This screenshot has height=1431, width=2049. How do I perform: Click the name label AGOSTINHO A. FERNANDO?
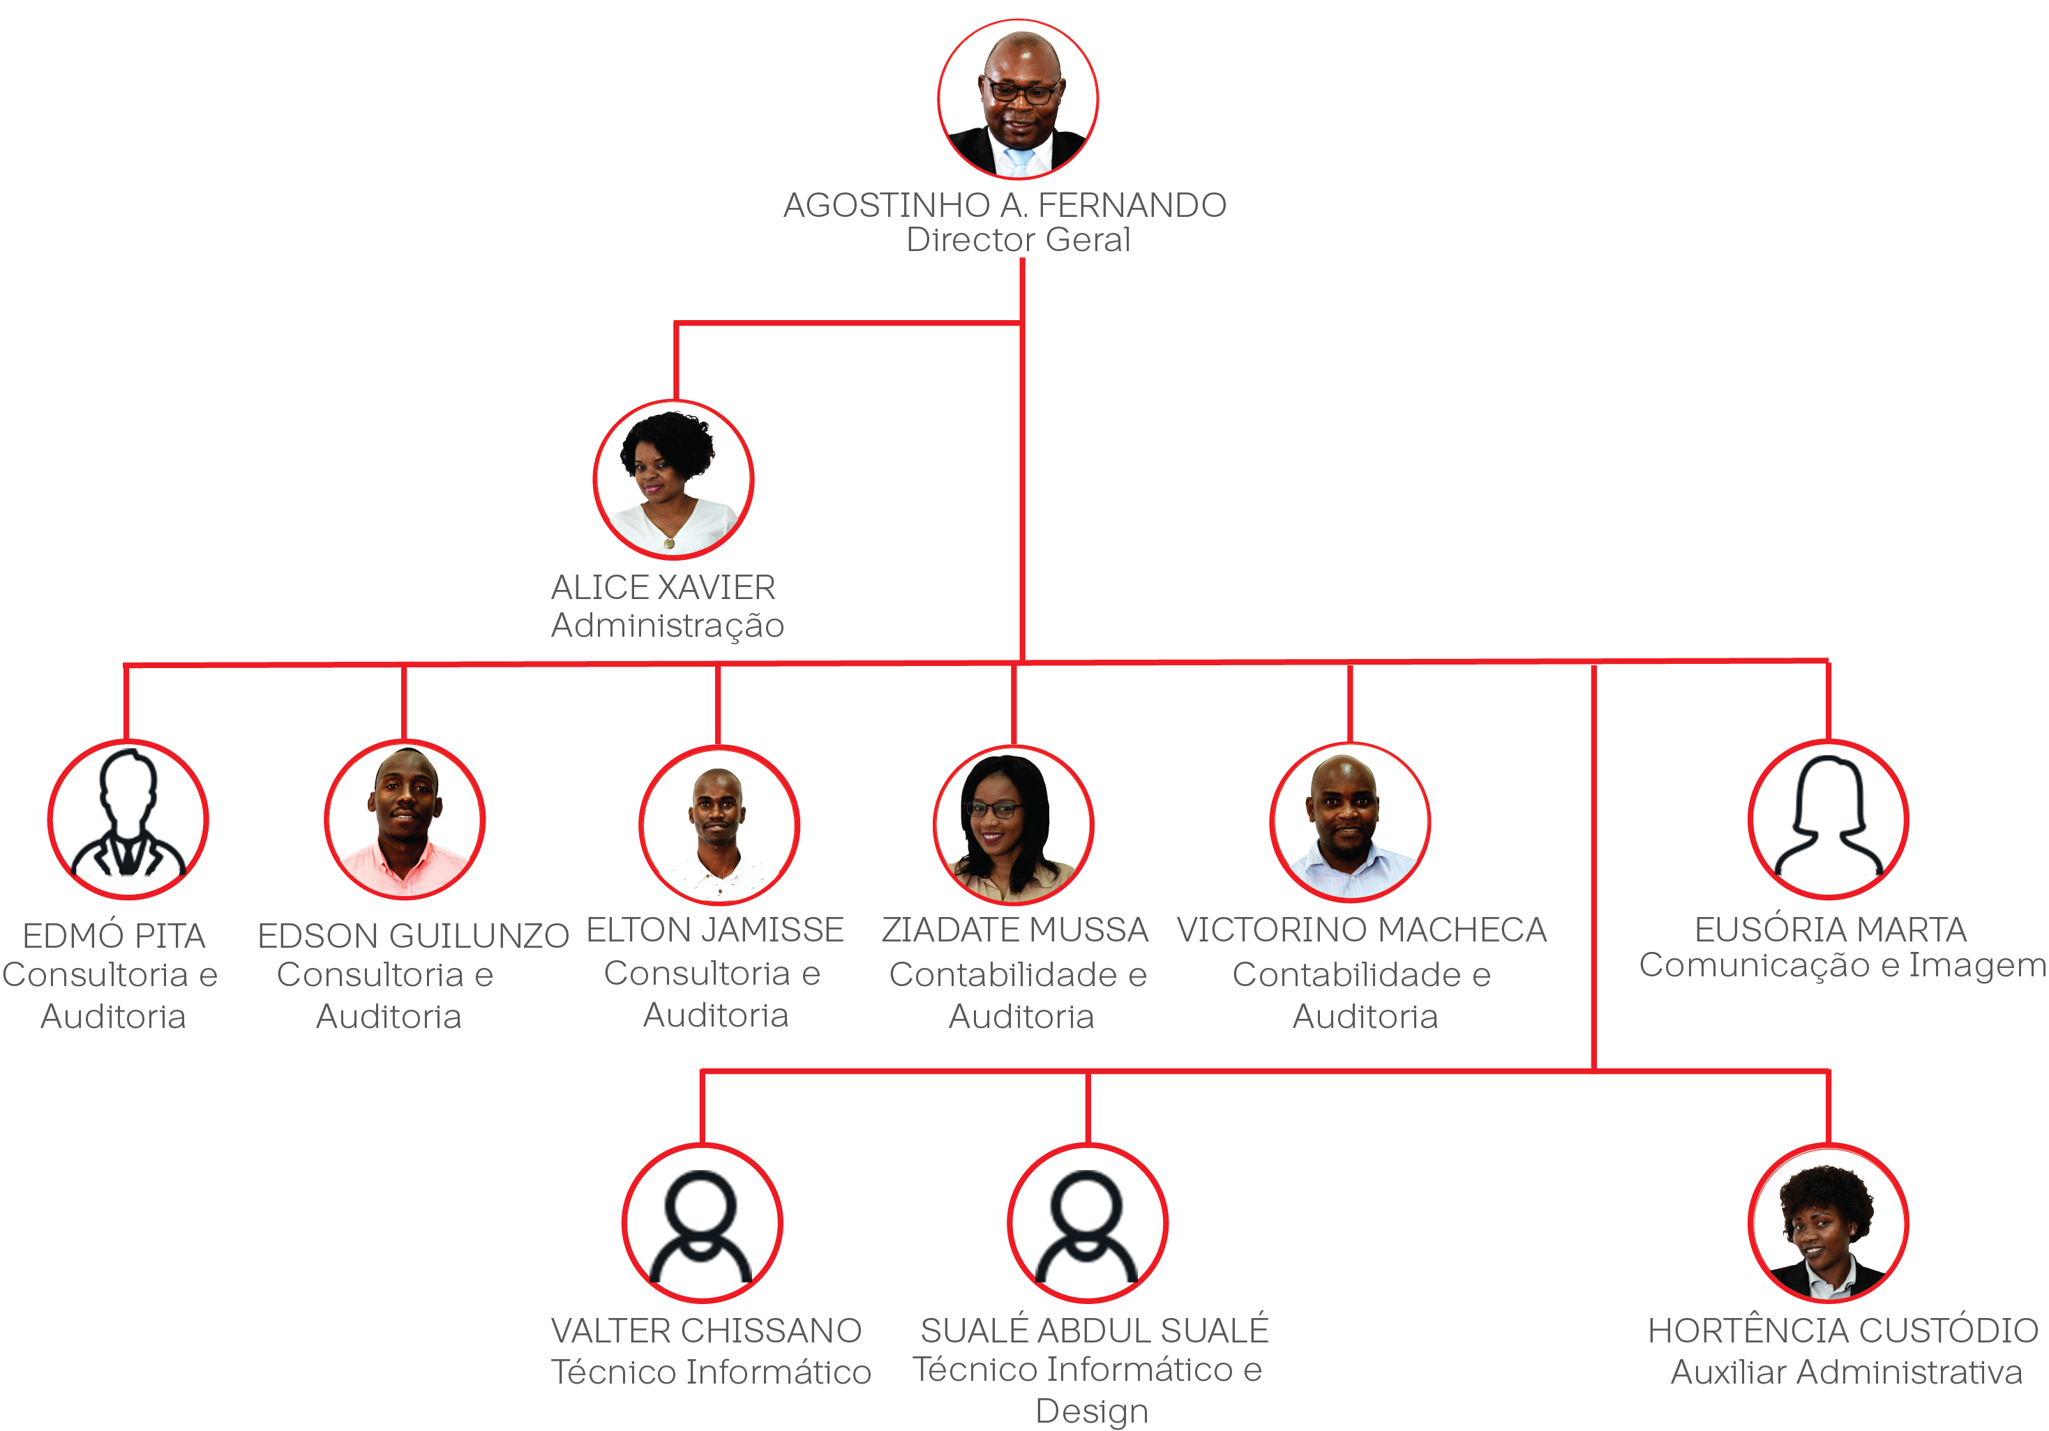(x=1005, y=205)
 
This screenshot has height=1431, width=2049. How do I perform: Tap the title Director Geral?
(x=1019, y=240)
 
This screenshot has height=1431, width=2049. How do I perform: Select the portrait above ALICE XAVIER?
(x=674, y=480)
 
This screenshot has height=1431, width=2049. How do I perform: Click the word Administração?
(x=668, y=626)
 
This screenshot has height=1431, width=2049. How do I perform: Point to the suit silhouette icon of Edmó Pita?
(x=128, y=818)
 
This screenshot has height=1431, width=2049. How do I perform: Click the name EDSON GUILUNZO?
(x=413, y=936)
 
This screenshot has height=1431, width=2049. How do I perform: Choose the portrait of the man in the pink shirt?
(x=404, y=819)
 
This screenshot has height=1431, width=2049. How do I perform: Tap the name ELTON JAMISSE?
(x=715, y=930)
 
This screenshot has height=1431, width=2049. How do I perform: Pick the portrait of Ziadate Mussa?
(x=1014, y=825)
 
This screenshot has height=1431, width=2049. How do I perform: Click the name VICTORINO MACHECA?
(x=1362, y=930)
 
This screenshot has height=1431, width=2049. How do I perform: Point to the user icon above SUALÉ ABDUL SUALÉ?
(x=1088, y=1226)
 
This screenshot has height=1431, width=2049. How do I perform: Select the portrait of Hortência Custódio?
(x=1829, y=1222)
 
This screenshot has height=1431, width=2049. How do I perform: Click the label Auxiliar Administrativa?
(x=1847, y=1372)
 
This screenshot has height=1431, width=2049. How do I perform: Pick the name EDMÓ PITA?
(x=114, y=936)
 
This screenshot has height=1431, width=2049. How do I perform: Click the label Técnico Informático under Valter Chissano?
(x=712, y=1372)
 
